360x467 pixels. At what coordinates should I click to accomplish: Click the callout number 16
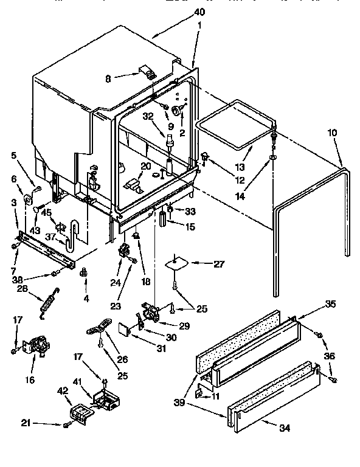click(x=29, y=381)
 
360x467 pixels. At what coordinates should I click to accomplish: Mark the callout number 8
click(x=109, y=78)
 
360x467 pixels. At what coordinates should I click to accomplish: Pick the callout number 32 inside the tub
click(x=147, y=116)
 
